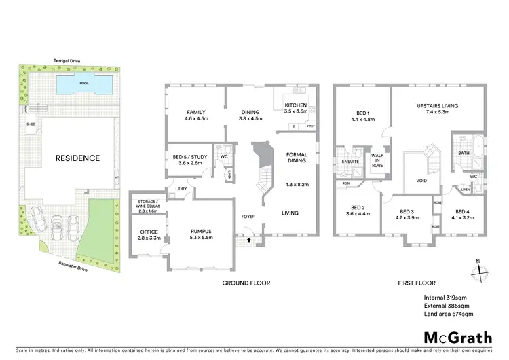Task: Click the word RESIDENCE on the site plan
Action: coord(78,158)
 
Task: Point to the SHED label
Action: coord(31,124)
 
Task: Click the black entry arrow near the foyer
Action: coord(249,239)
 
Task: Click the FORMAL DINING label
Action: coord(297,158)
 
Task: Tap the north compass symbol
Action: coord(479,269)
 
